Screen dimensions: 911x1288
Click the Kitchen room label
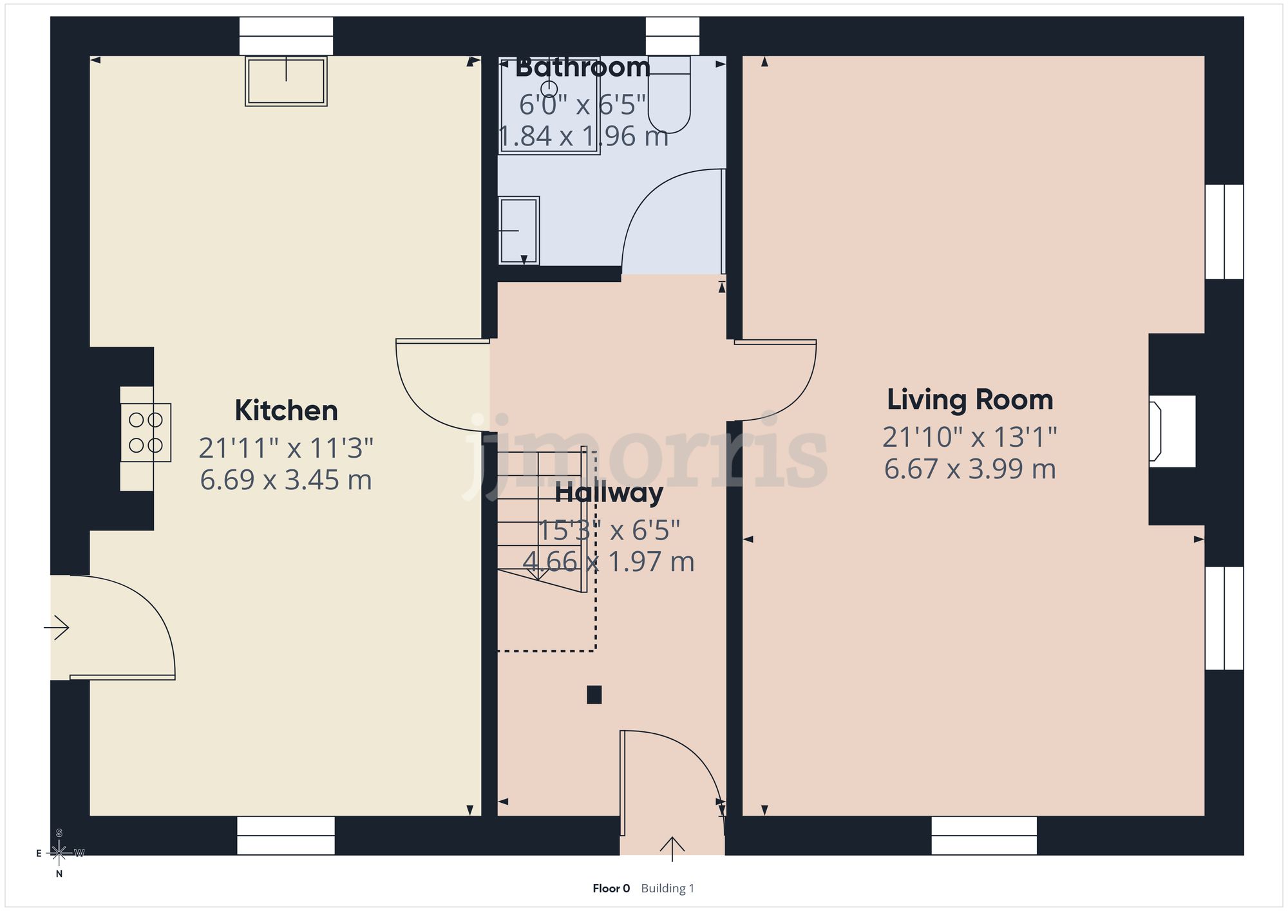coord(286,411)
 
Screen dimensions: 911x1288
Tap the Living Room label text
coord(970,400)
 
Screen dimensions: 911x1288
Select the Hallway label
coord(609,493)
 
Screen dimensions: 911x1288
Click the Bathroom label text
coord(583,68)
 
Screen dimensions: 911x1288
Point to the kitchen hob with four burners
coord(146,433)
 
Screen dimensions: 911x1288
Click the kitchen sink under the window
coord(286,81)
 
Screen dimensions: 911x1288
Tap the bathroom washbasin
coord(519,230)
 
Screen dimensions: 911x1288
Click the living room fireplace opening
coord(1172,431)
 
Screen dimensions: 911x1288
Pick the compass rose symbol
coord(59,854)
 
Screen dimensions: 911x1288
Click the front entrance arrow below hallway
coord(672,849)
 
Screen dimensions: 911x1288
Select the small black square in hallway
coord(594,695)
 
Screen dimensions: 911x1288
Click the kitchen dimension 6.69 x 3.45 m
coord(286,480)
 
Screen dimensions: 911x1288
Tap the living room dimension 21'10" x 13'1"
coord(970,437)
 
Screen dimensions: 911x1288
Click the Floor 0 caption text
coord(611,888)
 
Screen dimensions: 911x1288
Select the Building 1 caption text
coord(668,888)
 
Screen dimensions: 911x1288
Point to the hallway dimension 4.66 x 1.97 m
coord(609,562)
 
